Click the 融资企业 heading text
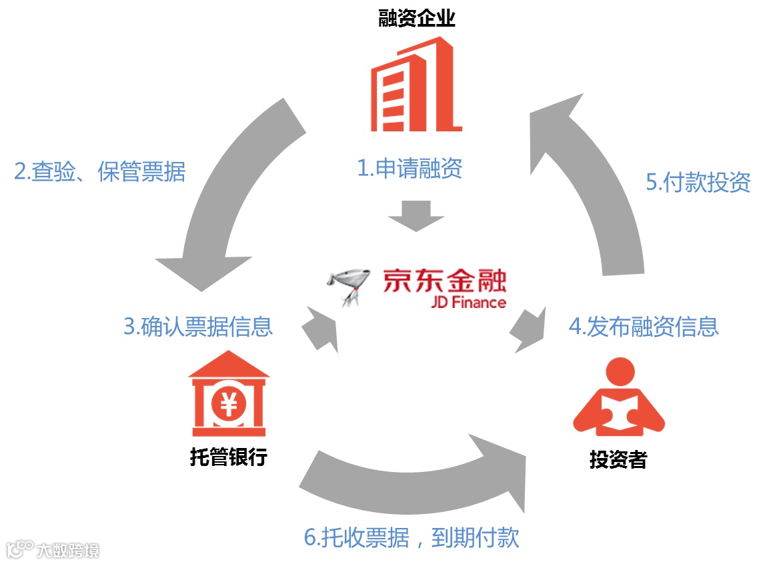[417, 18]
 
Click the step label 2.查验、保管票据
[100, 172]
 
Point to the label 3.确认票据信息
[198, 327]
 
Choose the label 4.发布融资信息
[644, 327]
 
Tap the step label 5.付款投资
[698, 182]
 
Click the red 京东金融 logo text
[444, 281]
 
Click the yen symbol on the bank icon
[229, 404]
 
